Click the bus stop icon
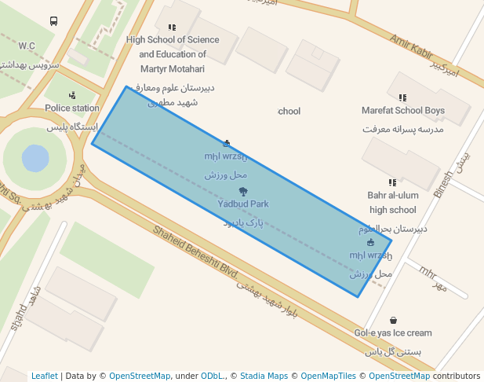(x=53, y=21)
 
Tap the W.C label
(x=27, y=46)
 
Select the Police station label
(x=72, y=108)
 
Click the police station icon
(x=72, y=95)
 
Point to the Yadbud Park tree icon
(x=243, y=191)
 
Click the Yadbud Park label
(x=243, y=204)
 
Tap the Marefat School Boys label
(x=402, y=111)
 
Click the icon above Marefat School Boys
(x=402, y=97)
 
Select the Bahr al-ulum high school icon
(x=392, y=182)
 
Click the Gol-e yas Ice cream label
(x=392, y=333)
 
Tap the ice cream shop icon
(x=393, y=320)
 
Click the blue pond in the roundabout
(x=35, y=158)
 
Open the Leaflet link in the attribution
(x=44, y=376)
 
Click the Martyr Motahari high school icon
(x=172, y=27)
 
